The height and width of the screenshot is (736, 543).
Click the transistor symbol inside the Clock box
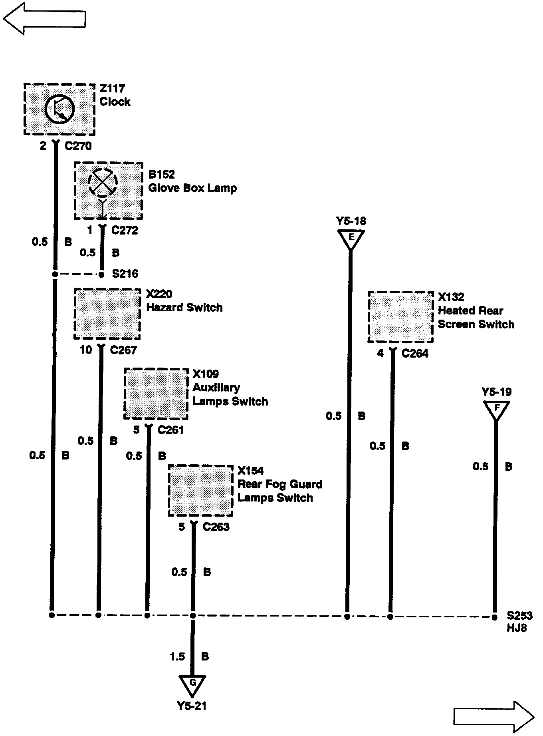(x=59, y=109)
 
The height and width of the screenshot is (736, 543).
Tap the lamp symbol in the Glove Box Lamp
(x=103, y=183)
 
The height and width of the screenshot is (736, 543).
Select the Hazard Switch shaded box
(x=107, y=314)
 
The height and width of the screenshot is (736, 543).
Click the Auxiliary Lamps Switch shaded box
(x=156, y=394)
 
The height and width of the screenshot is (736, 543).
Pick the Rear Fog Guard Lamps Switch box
(x=200, y=491)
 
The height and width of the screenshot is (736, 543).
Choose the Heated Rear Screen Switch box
(x=400, y=317)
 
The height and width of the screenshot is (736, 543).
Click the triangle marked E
(x=351, y=239)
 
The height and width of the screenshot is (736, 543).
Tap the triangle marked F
(x=496, y=410)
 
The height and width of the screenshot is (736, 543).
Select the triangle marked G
(x=192, y=685)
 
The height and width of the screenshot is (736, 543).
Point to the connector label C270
(x=78, y=146)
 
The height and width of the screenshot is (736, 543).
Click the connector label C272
(x=125, y=231)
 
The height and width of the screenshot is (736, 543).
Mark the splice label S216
(x=125, y=274)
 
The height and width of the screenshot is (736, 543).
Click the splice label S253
(x=519, y=616)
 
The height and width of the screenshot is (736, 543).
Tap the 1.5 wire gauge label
(x=177, y=656)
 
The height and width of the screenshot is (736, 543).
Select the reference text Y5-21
(x=192, y=706)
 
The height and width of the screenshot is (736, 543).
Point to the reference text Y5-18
(x=351, y=221)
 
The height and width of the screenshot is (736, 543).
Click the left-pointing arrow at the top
(x=44, y=18)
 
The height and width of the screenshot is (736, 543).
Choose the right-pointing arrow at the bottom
(x=493, y=717)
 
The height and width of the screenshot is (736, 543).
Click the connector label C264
(x=415, y=354)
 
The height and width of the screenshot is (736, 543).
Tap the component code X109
(x=206, y=374)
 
